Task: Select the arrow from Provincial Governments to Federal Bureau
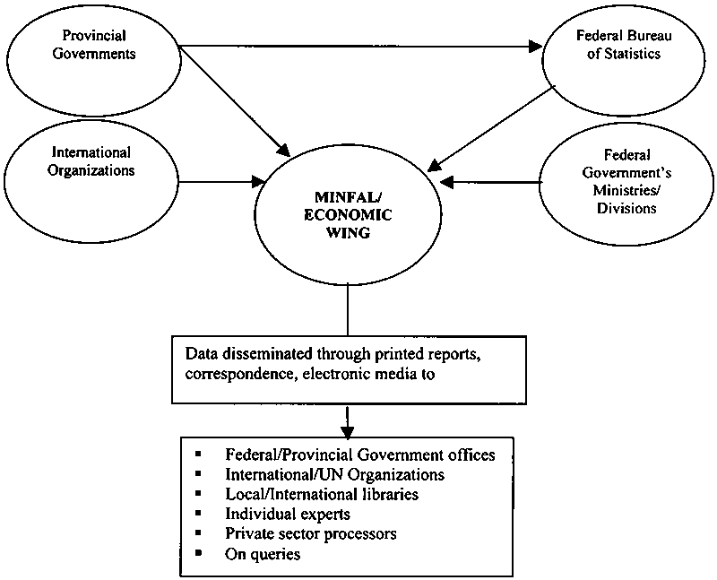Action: (x=358, y=45)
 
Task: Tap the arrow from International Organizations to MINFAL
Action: (x=220, y=183)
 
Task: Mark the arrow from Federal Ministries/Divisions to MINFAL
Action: (x=493, y=183)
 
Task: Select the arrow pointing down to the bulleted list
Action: (x=347, y=420)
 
